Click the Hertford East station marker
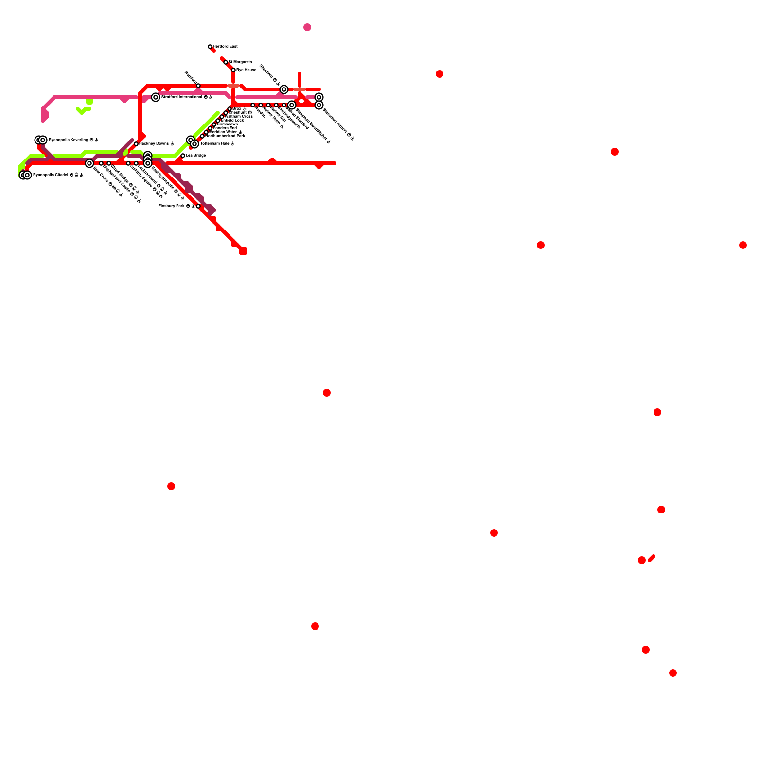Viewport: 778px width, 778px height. pos(210,47)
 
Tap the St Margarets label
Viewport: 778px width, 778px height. pos(240,62)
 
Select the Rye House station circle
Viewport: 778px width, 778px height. pos(233,70)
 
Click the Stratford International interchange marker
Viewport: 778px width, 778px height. pos(156,97)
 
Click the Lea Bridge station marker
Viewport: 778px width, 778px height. pos(183,156)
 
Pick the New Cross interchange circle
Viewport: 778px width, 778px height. pos(89,163)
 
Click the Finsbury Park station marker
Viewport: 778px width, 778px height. pos(198,206)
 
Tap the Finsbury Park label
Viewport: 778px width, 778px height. pos(172,206)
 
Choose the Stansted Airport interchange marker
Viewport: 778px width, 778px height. pos(319,105)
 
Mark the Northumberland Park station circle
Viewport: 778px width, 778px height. pos(202,136)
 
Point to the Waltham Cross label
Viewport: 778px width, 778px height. pos(239,117)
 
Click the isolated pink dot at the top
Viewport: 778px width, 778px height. pos(307,27)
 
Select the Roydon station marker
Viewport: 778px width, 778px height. pos(253,105)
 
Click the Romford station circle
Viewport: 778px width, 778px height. pos(198,86)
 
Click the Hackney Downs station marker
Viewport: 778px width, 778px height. pos(136,144)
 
